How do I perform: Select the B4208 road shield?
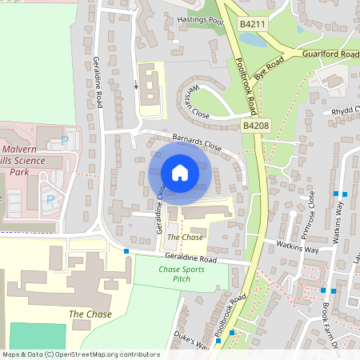click(x=255, y=126)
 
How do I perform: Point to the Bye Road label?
click(x=270, y=65)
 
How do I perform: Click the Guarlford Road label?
click(x=330, y=54)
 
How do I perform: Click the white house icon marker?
click(x=180, y=173)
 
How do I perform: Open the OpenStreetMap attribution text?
click(x=81, y=354)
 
